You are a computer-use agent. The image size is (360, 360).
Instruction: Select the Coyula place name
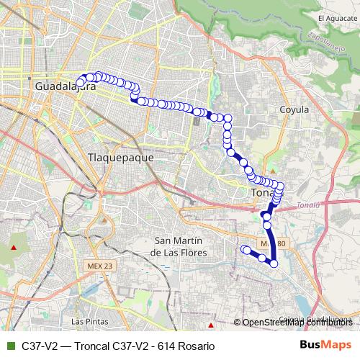point(293,109)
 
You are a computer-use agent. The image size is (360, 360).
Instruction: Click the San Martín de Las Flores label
point(179,246)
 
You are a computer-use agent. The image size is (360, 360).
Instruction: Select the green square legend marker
point(10,346)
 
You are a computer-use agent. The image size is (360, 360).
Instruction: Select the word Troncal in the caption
point(86,346)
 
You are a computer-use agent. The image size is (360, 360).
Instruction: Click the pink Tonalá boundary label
point(307,204)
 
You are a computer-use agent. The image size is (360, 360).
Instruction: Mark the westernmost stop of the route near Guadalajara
point(80,83)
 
